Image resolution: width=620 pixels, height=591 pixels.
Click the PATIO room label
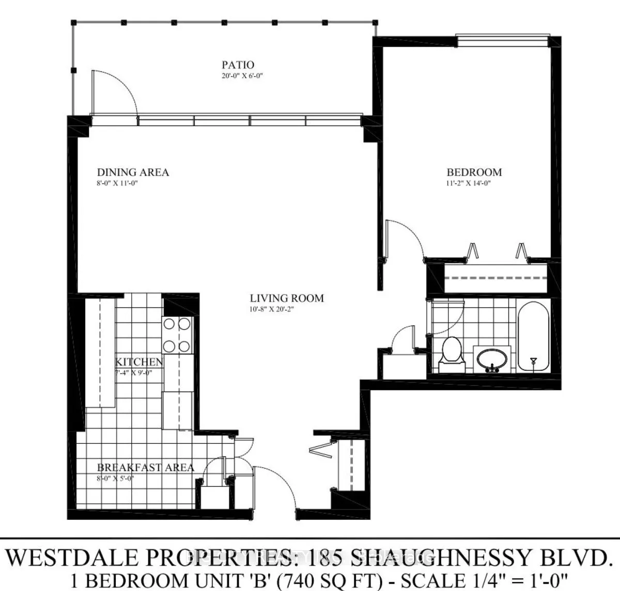(238, 65)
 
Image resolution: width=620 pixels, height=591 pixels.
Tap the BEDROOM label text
(474, 172)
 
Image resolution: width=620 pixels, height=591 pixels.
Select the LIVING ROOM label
(287, 298)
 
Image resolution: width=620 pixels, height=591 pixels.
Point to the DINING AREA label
(133, 172)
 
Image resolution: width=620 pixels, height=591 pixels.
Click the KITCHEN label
(139, 362)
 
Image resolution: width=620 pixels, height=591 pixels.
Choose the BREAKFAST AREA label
(146, 468)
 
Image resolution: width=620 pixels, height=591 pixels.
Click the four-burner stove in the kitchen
(177, 335)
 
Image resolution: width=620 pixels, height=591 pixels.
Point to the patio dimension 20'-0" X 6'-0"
(238, 76)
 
